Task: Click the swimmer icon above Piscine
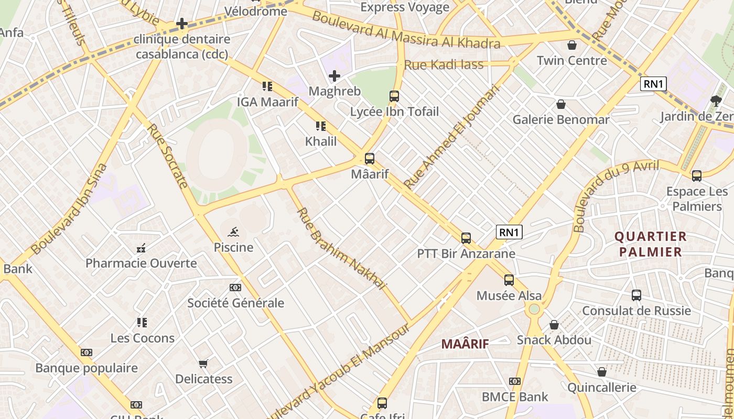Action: pos(234,232)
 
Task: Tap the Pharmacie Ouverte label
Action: pos(141,263)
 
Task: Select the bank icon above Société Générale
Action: pos(235,288)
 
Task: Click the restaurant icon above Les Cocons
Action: pos(142,323)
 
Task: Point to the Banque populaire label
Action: pos(87,368)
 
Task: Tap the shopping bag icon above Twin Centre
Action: pos(572,45)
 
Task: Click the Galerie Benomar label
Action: pos(561,119)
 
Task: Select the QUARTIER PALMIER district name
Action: pos(651,244)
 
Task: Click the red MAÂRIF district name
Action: pos(465,344)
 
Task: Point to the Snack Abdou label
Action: pos(554,340)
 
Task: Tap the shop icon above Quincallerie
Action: pos(602,372)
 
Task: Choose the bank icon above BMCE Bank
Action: pos(515,381)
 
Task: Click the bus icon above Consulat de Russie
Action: pos(636,295)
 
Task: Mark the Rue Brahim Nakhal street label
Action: pos(341,249)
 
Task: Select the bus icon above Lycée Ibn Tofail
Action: pos(394,96)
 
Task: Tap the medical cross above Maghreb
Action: pos(334,76)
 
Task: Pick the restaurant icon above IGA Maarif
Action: pos(267,86)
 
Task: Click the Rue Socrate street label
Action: pos(167,156)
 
